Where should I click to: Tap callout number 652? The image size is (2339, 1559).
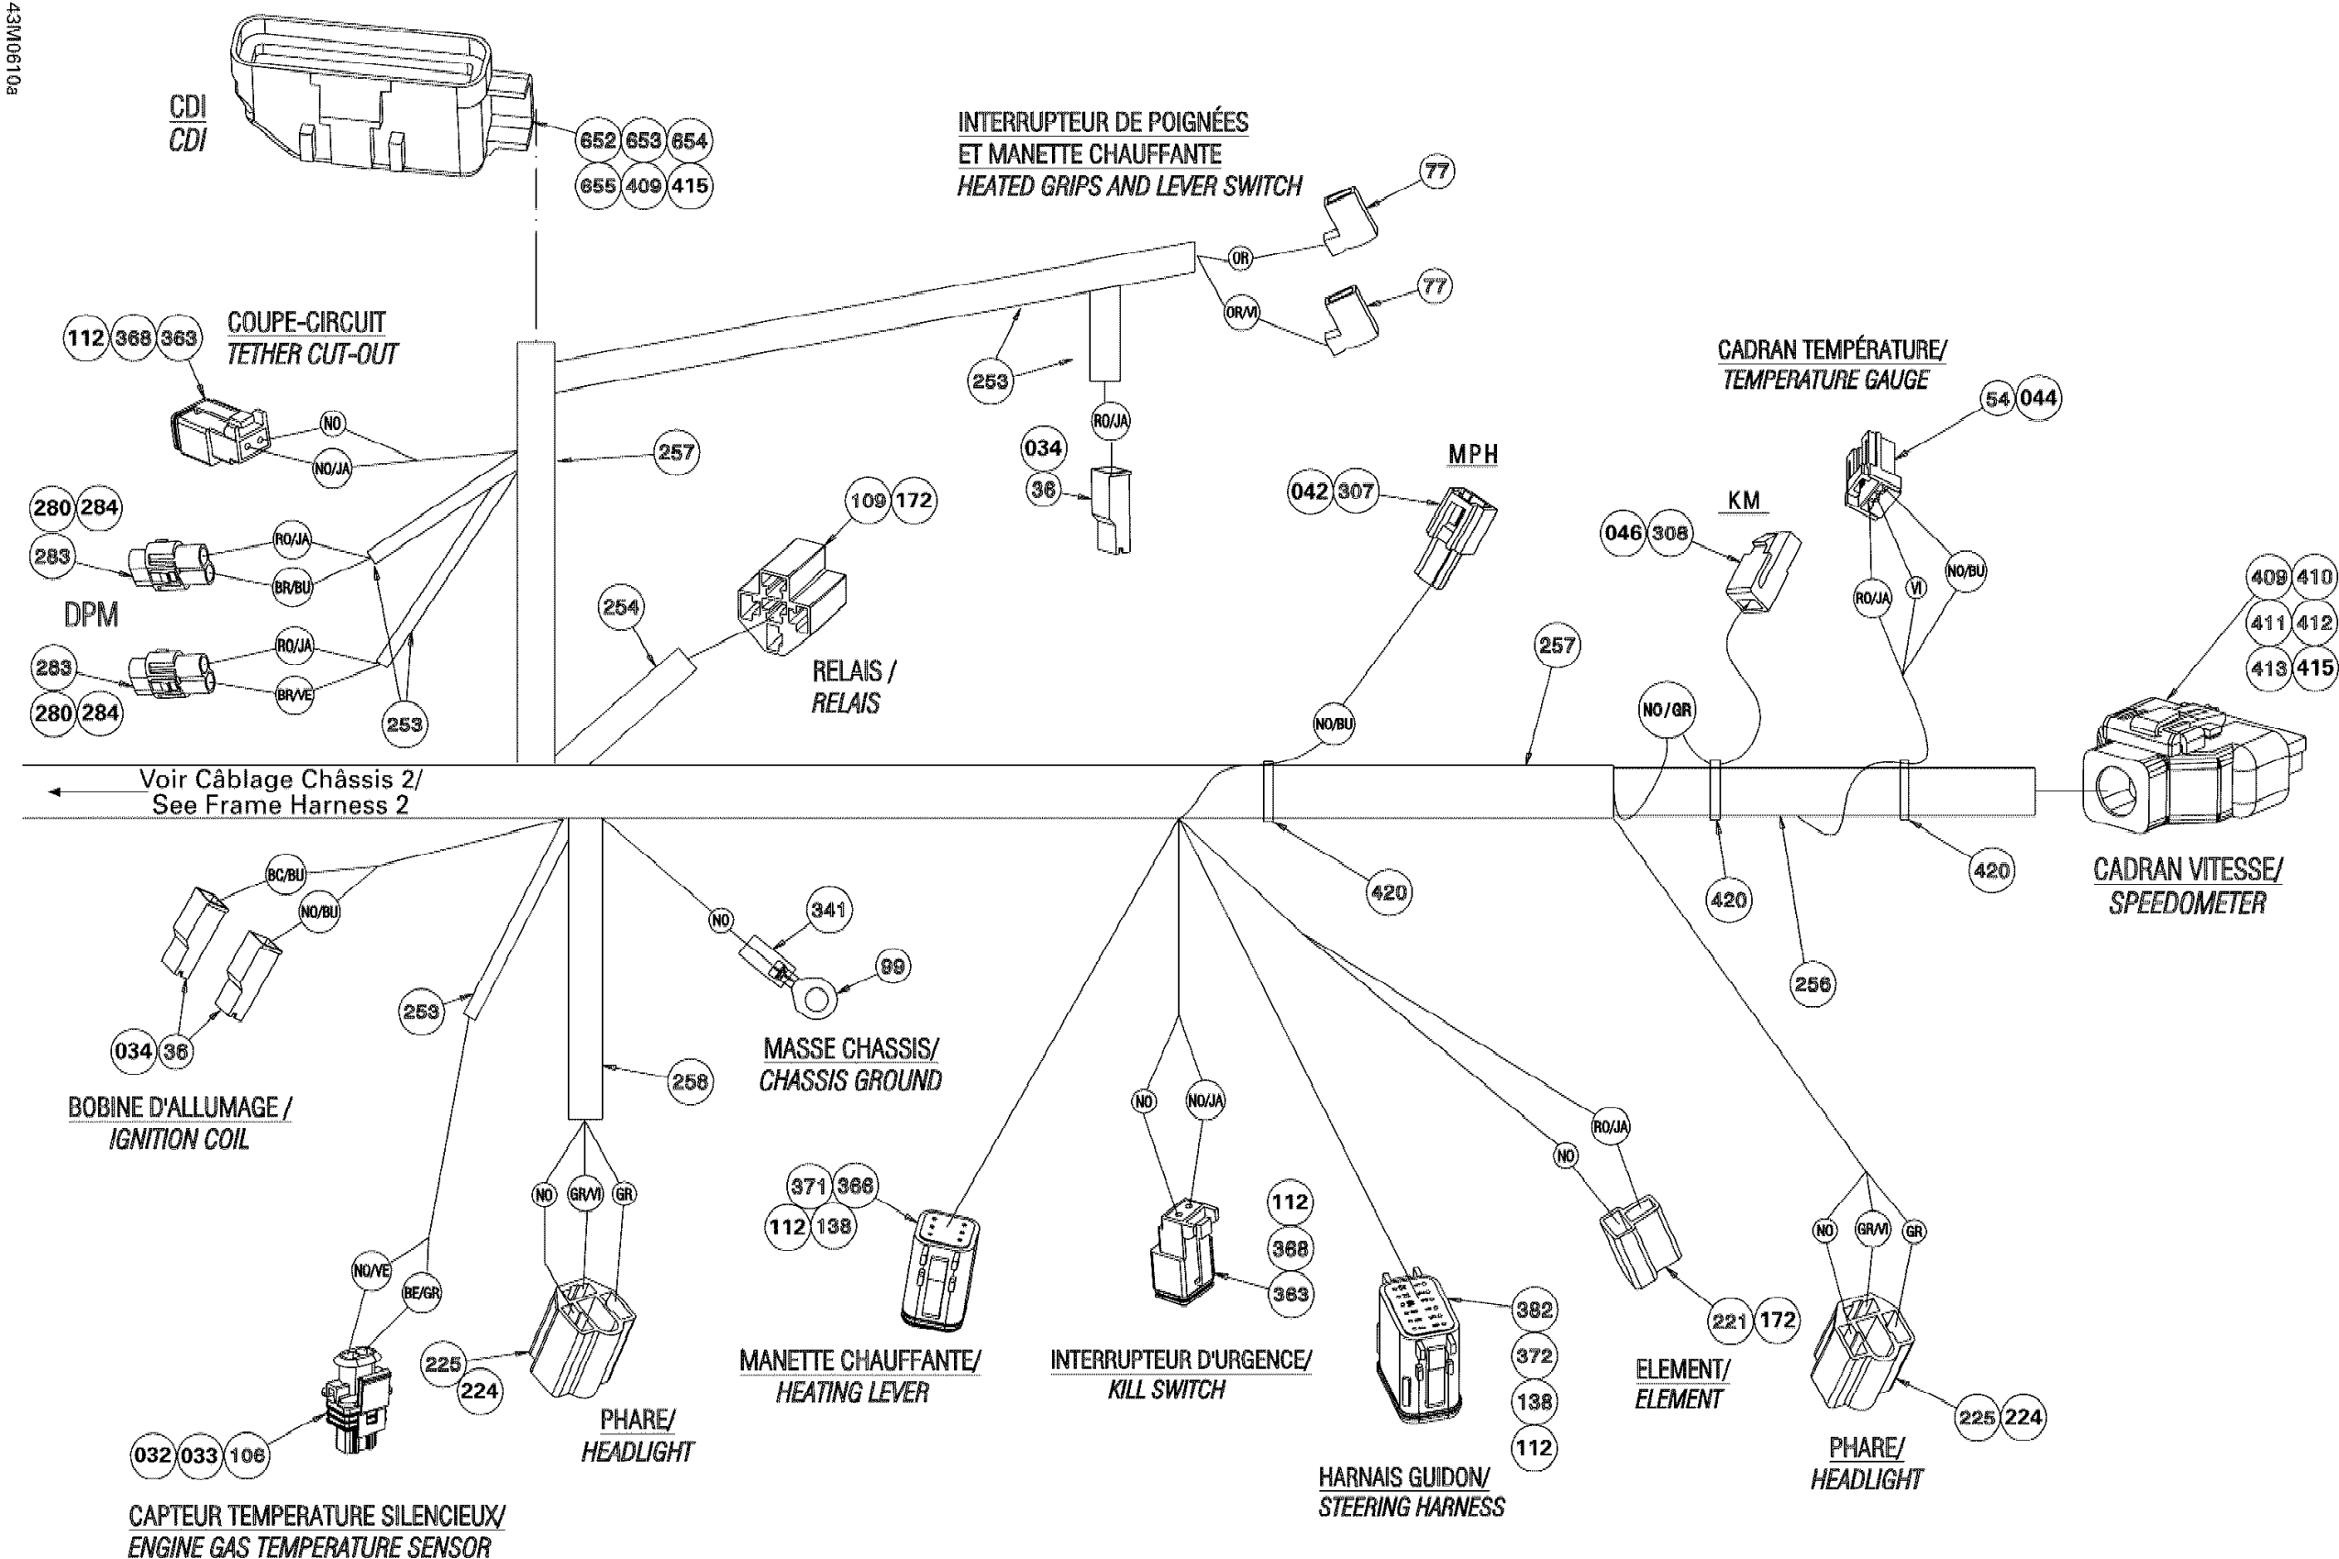coord(598,140)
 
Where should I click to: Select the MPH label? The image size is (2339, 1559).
coord(1473,453)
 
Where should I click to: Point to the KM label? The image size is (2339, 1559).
coord(1745,500)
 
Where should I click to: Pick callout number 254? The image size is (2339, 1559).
coord(621,606)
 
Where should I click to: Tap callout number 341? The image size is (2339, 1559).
coord(827,909)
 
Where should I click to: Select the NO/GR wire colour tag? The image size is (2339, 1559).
coord(1667,710)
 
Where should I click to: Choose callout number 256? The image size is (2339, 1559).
coord(1812,983)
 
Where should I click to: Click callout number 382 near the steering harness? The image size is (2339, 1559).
coord(1534,1310)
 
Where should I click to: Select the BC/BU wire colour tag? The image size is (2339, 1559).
coord(285,875)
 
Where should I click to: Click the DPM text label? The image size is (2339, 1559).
coord(91,614)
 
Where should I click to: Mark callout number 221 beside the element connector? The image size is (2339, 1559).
coord(1729,1321)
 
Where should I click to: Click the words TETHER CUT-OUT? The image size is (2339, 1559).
coord(311,354)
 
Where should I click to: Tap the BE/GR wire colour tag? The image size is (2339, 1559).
coord(422,1292)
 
